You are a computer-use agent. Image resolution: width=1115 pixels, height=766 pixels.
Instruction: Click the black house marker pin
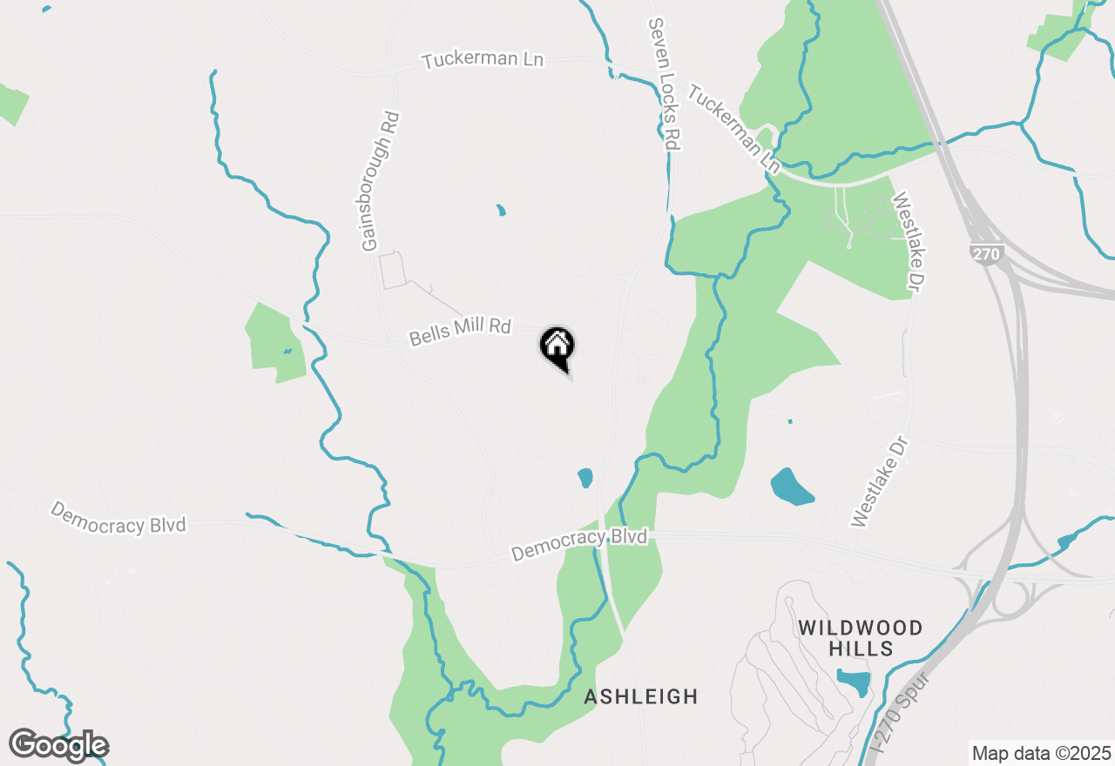(x=557, y=347)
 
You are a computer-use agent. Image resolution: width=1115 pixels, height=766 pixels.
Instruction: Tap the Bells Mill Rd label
(x=460, y=331)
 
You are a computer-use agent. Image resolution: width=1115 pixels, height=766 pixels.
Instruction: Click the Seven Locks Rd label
(x=663, y=84)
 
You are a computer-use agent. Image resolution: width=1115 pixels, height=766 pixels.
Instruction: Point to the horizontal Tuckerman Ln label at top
(x=483, y=60)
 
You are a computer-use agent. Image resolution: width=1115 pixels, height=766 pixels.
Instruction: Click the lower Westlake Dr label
(x=880, y=482)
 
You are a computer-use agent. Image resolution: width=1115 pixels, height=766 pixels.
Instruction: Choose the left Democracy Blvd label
(x=118, y=516)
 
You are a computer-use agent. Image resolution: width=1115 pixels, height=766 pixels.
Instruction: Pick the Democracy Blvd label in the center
(x=579, y=545)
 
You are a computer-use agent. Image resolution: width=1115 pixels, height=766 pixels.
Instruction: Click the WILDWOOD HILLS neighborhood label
(x=860, y=638)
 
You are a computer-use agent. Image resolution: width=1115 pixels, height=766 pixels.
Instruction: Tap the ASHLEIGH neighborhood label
(x=641, y=696)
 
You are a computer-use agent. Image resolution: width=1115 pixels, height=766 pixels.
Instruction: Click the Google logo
(x=58, y=746)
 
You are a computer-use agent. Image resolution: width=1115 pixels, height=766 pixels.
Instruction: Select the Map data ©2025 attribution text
(x=1041, y=753)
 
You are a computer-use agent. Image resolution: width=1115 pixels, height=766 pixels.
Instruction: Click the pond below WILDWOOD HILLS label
(x=854, y=681)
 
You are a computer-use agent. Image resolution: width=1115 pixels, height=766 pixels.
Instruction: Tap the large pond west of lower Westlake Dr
(x=791, y=487)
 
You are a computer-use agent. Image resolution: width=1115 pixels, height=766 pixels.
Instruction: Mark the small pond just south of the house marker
(x=585, y=478)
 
